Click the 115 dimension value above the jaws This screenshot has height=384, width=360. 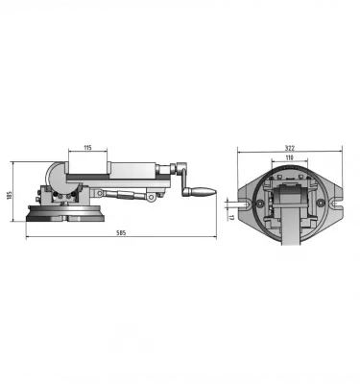click(87, 148)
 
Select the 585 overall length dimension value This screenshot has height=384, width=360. click(121, 233)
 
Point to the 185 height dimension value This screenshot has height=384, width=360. click(9, 195)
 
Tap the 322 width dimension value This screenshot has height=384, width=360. click(290, 148)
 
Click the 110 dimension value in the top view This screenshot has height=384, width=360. click(289, 157)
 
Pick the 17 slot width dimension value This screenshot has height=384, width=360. click(231, 217)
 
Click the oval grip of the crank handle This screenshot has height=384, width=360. click(203, 191)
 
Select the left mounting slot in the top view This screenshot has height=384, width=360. click(246, 204)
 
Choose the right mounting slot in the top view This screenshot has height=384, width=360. click(335, 203)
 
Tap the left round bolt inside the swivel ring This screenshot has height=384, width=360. click(260, 203)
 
